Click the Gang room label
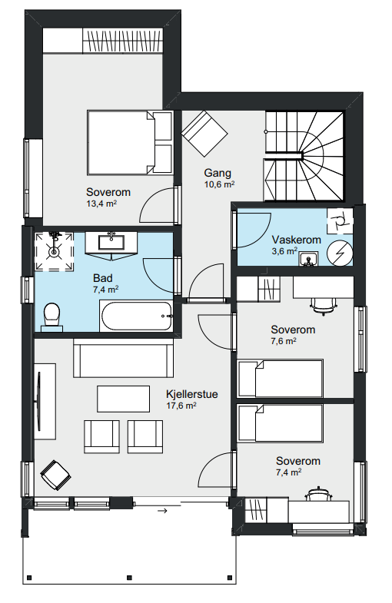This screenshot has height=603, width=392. click(218, 173)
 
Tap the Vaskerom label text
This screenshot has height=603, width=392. click(296, 240)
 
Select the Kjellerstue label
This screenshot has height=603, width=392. click(192, 394)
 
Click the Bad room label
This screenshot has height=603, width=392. click(103, 277)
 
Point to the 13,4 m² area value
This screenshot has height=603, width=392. click(101, 204)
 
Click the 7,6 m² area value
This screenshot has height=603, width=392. click(284, 341)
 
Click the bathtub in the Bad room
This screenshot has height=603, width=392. click(136, 316)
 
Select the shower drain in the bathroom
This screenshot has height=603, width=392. click(54, 252)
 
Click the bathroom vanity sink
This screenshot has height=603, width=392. click(111, 243)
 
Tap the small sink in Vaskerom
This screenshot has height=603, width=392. click(308, 259)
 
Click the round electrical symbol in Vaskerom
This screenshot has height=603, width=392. click(340, 253)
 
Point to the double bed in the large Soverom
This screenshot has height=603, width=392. click(130, 142)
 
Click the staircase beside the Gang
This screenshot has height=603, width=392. click(304, 156)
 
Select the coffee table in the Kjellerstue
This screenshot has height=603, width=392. click(123, 399)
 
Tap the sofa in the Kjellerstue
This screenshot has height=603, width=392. click(123, 358)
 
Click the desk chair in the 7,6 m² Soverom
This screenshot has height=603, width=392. click(324, 306)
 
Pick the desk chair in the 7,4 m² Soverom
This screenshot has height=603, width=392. click(318, 494)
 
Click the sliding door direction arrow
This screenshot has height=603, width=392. click(163, 511)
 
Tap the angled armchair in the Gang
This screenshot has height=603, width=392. click(204, 134)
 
